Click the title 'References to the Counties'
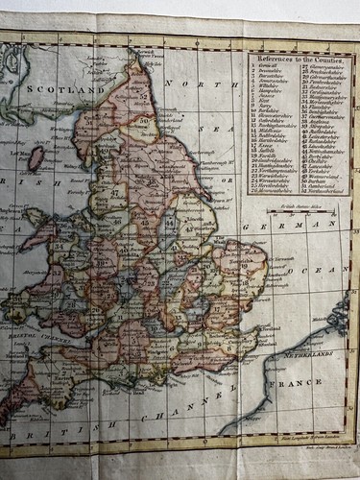(297, 60)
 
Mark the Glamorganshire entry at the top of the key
(325, 70)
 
